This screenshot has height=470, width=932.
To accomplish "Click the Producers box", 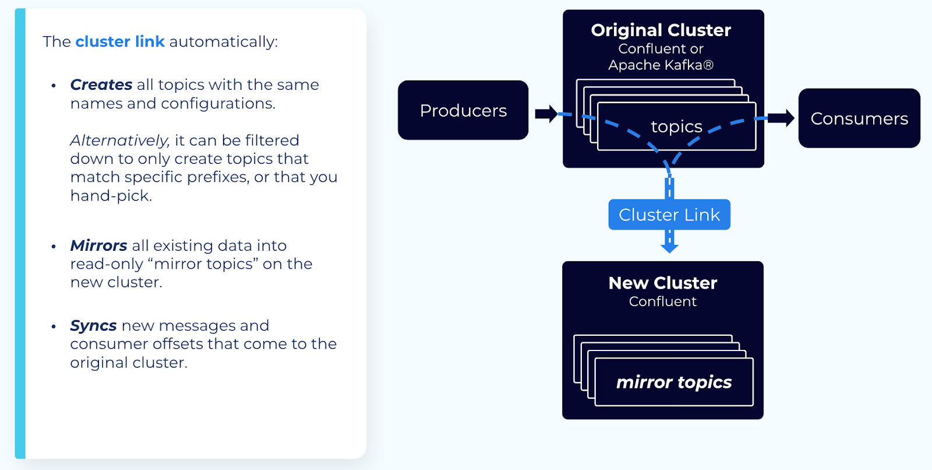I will coord(463,110).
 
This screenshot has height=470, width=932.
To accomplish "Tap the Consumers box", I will coord(859,118).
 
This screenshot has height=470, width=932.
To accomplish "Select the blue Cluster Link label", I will coord(669,215).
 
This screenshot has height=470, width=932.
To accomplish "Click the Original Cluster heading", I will coord(661,30).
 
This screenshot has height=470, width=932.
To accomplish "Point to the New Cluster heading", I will coord(662,283).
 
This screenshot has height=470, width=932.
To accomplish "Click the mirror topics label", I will coord(674,382).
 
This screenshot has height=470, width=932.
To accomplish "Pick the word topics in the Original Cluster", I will coord(676,126).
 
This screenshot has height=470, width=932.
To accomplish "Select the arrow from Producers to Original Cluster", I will coord(546,114).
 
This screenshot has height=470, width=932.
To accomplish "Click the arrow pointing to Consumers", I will coord(781,118).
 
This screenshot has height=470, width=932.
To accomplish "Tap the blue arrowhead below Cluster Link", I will coord(669,247).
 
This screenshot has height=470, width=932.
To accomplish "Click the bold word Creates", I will coord(101,85).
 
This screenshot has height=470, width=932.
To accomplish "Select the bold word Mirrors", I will coord(98,245).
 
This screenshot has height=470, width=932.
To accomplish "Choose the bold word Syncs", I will coord(93,325).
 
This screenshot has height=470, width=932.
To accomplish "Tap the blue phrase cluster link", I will coord(120,42).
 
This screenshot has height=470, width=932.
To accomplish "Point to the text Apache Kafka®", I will coord(661,65).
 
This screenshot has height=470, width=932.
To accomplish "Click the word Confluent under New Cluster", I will coord(662,301).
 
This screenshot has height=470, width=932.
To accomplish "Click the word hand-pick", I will coord(111,196).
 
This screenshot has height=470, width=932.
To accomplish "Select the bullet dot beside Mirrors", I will coord(54,247).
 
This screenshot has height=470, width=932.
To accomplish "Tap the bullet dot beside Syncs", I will coord(54,327).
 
